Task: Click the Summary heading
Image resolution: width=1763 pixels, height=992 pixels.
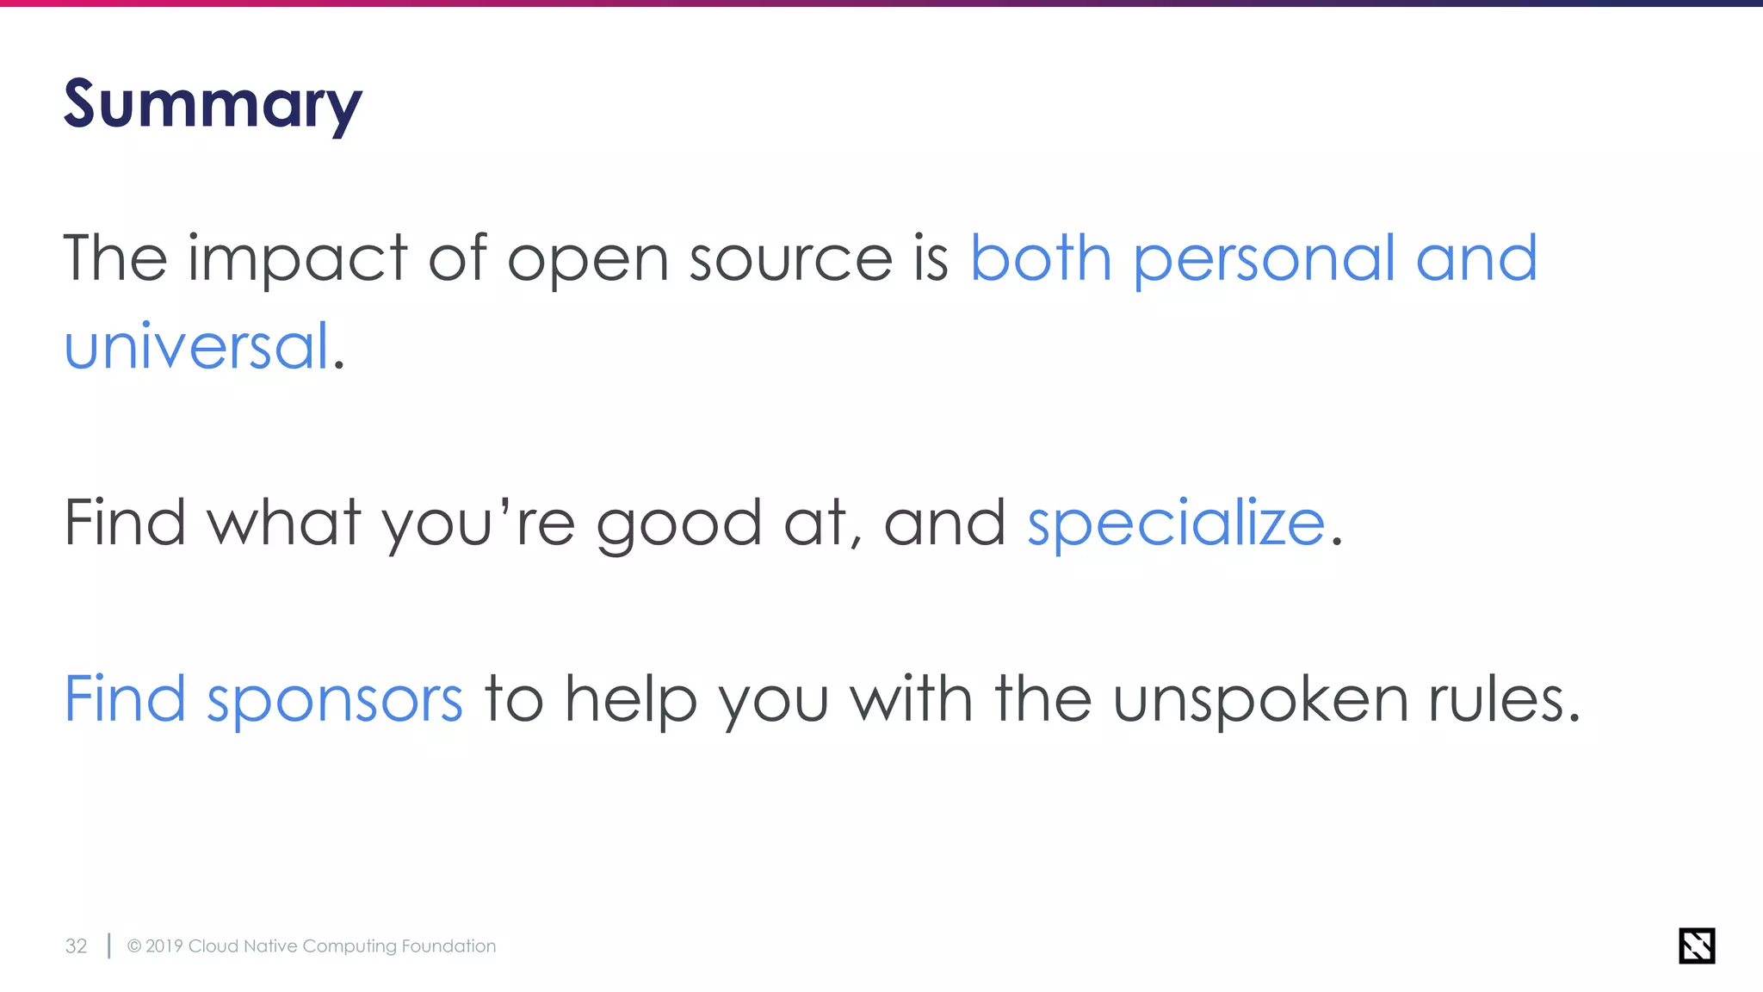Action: coord(213,105)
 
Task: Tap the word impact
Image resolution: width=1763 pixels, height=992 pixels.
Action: coord(297,259)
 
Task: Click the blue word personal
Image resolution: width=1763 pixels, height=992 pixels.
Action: coord(1263,259)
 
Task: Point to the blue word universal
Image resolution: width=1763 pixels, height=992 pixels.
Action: coord(197,346)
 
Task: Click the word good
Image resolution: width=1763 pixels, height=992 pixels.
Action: coord(678,524)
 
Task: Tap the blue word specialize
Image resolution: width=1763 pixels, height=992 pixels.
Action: coord(1175,524)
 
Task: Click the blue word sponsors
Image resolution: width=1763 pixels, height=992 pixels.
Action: coord(335,699)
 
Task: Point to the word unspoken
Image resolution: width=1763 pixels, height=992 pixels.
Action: coord(1260,699)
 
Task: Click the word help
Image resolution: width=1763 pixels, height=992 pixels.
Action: coord(630,699)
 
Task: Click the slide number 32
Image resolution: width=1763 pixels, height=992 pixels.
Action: coord(76,946)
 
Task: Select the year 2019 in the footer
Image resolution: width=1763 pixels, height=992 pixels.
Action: coord(164,946)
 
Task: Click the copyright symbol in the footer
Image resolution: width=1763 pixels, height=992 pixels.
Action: coord(134,946)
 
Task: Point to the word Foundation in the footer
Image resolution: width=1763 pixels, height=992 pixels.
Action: coord(448,946)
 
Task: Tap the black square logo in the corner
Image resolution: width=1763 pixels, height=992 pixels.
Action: coord(1696,945)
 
